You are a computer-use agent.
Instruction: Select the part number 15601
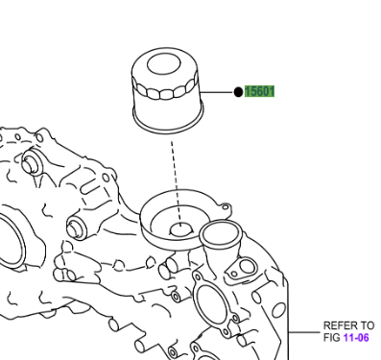260,92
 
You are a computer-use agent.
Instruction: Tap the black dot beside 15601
237,92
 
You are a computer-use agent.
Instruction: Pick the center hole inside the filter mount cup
179,229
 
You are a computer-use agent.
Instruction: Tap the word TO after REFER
367,326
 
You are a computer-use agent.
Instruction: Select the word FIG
332,338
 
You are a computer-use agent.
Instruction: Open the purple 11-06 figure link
356,338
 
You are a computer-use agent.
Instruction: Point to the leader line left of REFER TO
306,332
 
